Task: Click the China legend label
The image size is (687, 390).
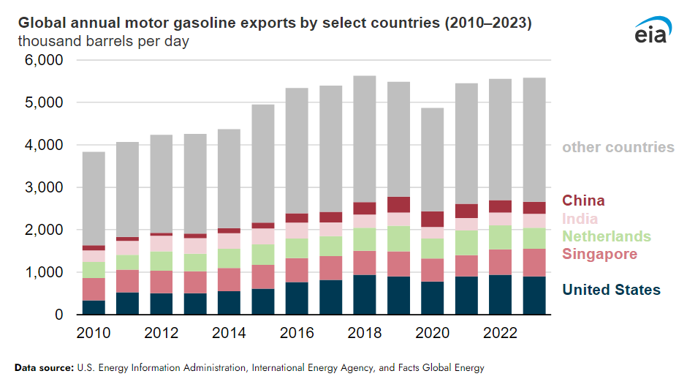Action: coord(583,200)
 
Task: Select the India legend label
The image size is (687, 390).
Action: coord(580,219)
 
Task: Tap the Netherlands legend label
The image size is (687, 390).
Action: coord(606,236)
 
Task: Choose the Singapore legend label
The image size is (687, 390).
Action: coord(599,254)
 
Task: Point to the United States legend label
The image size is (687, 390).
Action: coord(611,290)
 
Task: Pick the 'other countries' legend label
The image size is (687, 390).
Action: coord(618,148)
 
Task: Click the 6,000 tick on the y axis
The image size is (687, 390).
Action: coord(45,61)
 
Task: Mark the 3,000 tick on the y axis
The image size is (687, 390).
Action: coord(45,188)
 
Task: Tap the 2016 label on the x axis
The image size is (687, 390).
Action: coord(297,333)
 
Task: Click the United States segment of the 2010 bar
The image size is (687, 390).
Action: coord(94,307)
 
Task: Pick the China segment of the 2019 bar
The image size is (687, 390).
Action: coord(399,205)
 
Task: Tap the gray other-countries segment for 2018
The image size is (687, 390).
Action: coord(365,139)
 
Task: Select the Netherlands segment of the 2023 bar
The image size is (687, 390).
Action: coord(534,239)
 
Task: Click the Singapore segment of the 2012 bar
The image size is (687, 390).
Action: coord(162,282)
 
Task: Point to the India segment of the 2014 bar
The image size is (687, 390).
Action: coord(229,241)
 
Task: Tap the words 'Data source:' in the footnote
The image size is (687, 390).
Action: coord(43,368)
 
